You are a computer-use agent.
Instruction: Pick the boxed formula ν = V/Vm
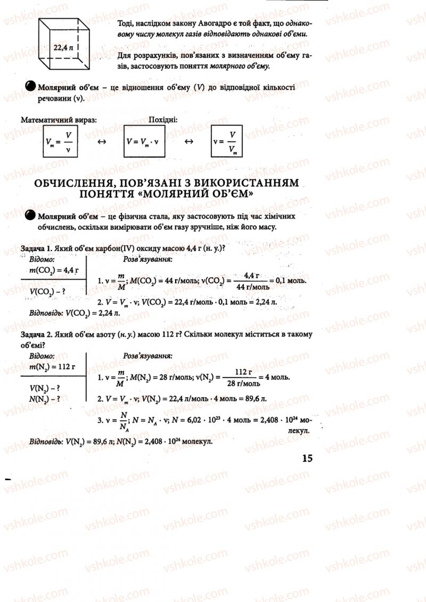coord(227,142)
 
